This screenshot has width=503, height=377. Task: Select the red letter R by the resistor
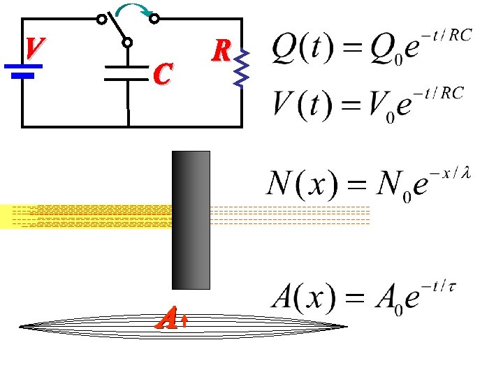tap(222, 50)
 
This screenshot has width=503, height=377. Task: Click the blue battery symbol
tap(24, 71)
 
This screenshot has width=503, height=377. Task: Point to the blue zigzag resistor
tap(241, 68)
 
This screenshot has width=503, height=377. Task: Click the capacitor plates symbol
tap(128, 73)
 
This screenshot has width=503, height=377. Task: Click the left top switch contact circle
tap(102, 19)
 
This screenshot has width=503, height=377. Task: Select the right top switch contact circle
tap(156, 19)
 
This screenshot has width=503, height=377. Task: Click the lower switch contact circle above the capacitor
tap(128, 43)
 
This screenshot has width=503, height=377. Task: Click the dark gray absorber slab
tap(191, 219)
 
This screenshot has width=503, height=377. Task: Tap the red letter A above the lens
tap(166, 320)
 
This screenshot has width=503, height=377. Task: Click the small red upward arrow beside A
tap(184, 321)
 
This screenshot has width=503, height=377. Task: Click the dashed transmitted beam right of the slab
tap(289, 216)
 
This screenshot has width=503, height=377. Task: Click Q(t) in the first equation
tap(296, 49)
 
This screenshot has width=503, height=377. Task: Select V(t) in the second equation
tap(295, 105)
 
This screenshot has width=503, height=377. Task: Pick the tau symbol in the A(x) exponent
tap(452, 286)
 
